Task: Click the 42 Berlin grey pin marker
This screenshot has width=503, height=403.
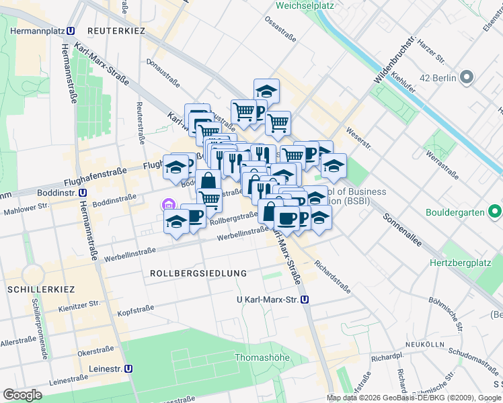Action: [466, 78]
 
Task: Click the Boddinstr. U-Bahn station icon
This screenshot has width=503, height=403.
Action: [81, 192]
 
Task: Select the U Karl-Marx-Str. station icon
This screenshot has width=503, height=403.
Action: [305, 300]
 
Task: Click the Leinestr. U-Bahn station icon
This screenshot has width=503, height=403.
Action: [128, 368]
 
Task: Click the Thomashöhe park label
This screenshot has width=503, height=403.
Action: [262, 357]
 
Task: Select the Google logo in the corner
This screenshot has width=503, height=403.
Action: [22, 394]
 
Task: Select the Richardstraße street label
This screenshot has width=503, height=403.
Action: [332, 278]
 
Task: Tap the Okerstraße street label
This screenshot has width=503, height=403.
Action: [95, 351]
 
